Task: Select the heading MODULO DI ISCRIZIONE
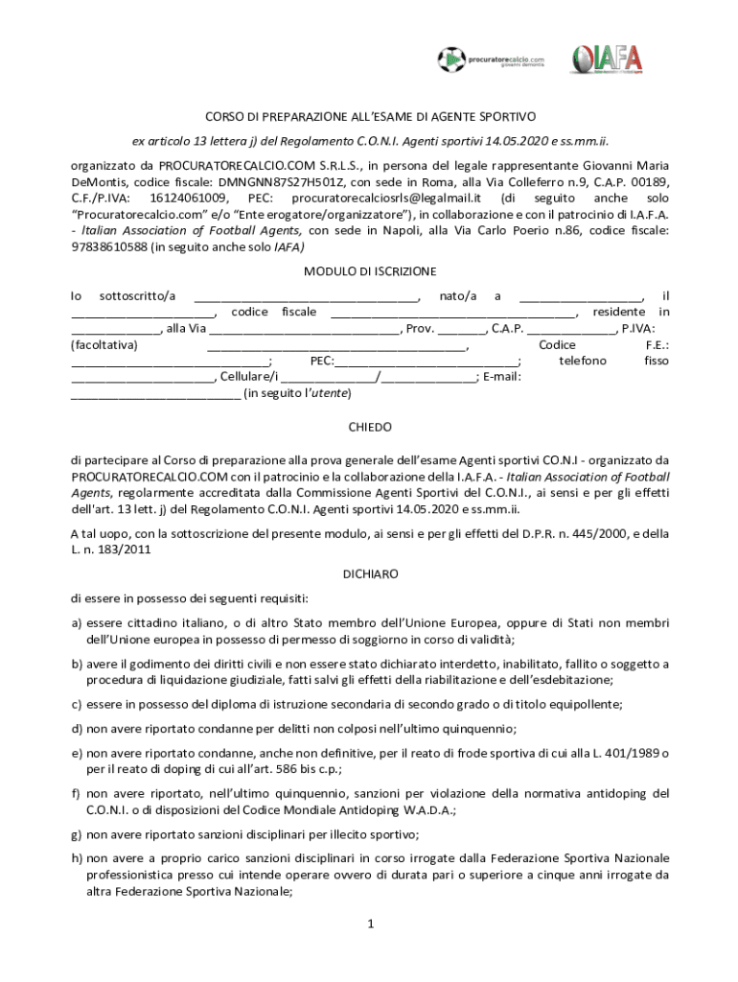(370, 271)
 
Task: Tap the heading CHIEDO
(369, 427)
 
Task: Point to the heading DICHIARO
(370, 573)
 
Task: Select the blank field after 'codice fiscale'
(452, 313)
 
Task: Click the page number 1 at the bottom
(369, 924)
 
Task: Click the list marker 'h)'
(76, 858)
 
